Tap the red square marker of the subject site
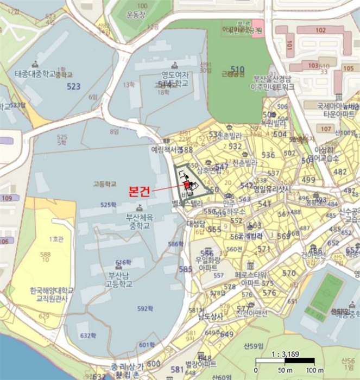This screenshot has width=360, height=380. (187, 185)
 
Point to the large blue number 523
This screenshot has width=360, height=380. (73, 86)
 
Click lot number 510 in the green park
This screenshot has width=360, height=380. (237, 69)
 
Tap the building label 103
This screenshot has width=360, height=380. (313, 65)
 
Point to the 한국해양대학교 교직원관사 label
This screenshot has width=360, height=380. (52, 294)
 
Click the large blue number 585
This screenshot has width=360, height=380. (185, 269)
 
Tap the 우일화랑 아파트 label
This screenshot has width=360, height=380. (207, 264)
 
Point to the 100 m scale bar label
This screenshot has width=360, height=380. (314, 370)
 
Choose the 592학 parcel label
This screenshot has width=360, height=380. (145, 309)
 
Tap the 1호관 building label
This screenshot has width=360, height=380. (56, 239)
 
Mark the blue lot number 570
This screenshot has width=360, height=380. (289, 273)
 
